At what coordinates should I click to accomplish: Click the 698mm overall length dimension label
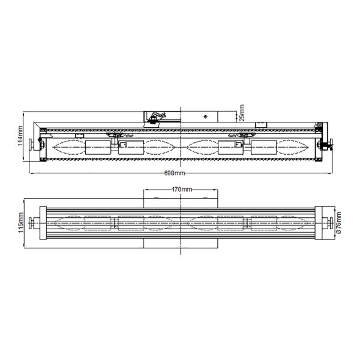pyautogui.click(x=175, y=173)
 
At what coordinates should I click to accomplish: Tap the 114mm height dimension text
pyautogui.click(x=20, y=136)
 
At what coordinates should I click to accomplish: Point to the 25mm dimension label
pyautogui.click(x=242, y=113)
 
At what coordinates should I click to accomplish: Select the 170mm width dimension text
pyautogui.click(x=182, y=190)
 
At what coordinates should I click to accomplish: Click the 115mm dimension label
pyautogui.click(x=20, y=223)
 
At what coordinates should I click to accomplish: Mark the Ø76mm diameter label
pyautogui.click(x=338, y=223)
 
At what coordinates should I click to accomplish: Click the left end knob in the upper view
pyautogui.click(x=31, y=145)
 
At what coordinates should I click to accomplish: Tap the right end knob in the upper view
pyautogui.click(x=331, y=145)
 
